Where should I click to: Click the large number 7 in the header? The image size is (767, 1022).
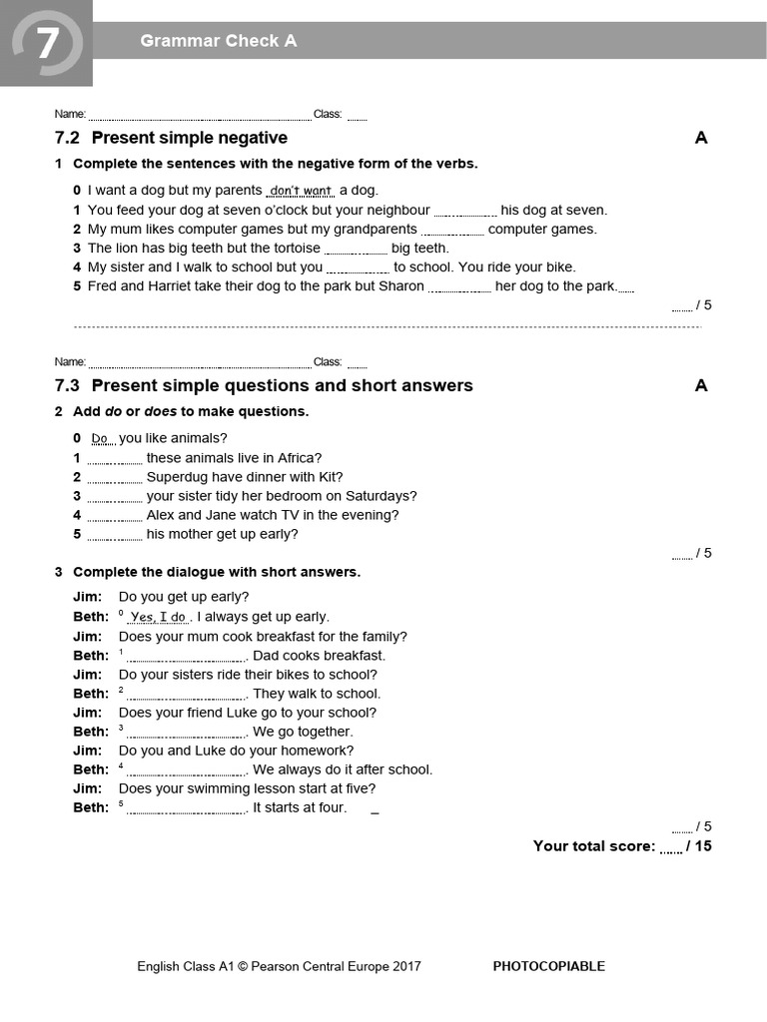(x=46, y=42)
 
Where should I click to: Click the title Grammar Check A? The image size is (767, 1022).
(x=218, y=41)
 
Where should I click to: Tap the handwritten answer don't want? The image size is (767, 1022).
(x=301, y=190)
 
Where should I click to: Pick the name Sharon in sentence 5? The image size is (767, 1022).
(x=401, y=286)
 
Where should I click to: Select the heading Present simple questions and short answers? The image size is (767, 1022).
(x=282, y=386)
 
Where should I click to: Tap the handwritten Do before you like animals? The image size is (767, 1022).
(x=100, y=438)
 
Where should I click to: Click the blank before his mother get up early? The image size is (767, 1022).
(x=114, y=535)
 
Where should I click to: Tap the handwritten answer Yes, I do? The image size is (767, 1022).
(x=158, y=617)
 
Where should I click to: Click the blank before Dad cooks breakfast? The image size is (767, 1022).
(x=187, y=657)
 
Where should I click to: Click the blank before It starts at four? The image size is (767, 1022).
(x=187, y=808)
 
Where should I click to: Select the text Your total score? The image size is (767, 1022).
(x=593, y=846)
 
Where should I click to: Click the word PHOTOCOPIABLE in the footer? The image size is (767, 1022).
(x=549, y=966)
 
